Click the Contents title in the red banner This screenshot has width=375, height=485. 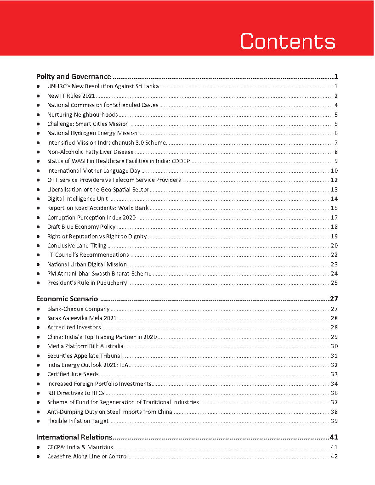tap(288, 41)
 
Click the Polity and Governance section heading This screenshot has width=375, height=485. tap(74, 77)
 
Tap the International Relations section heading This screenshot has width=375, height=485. tap(74, 437)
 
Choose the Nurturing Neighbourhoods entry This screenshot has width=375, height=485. tap(82, 114)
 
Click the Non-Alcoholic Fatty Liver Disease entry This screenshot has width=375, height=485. tap(90, 152)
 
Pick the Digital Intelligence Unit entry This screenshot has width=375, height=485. tap(77, 198)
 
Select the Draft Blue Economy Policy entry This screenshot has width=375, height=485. tap(81, 226)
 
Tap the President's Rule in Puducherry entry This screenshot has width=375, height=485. tap(87, 282)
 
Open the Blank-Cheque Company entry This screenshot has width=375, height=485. tap(78, 309)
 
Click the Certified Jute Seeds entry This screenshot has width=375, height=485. tap(73, 374)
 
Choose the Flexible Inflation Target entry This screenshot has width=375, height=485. tap(78, 421)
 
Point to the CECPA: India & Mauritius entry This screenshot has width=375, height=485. tap(80, 447)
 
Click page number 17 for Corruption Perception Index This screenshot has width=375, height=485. tap(334, 217)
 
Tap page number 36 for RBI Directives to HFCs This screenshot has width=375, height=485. tap(334, 393)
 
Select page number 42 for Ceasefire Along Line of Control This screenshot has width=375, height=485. tap(334, 456)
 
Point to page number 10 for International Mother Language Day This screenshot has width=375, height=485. tap(334, 170)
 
